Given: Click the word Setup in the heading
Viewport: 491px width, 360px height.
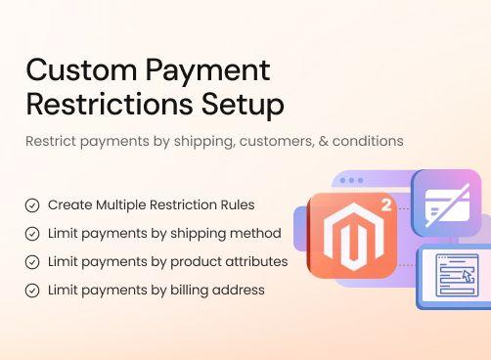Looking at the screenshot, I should click(243, 104).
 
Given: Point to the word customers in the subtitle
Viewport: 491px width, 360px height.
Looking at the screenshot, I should click(266, 141).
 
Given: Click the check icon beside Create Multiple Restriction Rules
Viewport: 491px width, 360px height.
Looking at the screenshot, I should click(32, 205).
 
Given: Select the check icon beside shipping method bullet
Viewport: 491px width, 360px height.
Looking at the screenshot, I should click(32, 234).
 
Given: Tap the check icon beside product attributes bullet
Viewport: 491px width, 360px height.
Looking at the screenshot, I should click(32, 262).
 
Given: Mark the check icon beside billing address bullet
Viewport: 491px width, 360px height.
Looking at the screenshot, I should click(32, 291).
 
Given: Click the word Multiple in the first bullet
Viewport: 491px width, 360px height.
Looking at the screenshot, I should click(124, 205).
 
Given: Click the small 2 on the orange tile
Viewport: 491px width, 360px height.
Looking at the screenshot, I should click(386, 206).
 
